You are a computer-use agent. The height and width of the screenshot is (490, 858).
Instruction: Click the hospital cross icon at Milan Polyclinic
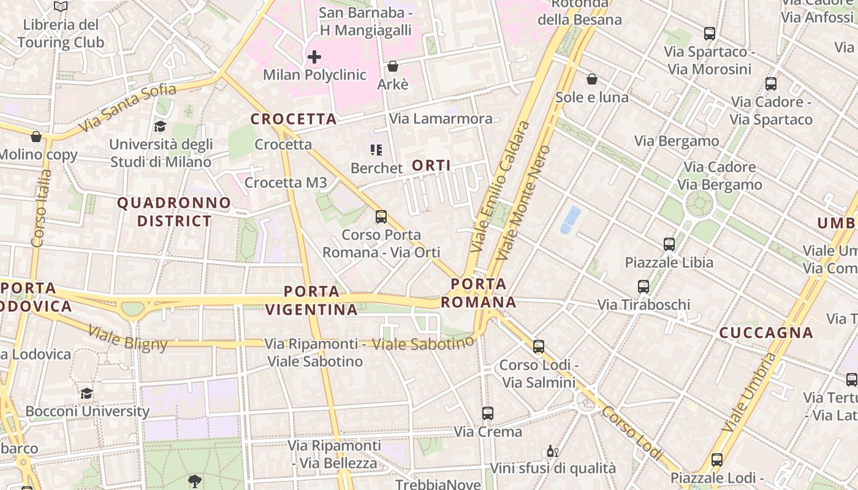pos(314,58)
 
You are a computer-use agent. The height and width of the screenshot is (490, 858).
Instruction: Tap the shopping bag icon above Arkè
pos(393,66)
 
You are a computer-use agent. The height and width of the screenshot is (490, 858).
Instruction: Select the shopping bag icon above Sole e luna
pos(592,79)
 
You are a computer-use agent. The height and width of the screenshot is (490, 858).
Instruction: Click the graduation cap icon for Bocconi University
pos(87,393)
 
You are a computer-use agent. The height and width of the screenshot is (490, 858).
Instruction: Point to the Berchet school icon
pos(376,149)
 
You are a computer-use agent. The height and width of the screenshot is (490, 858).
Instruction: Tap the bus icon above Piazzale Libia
pos(669,244)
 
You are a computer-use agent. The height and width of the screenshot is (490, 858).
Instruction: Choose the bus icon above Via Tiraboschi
pos(643,287)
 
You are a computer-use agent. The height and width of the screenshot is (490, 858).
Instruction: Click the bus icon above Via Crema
pos(488,413)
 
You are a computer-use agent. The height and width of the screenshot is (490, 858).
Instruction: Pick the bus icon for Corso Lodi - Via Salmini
pos(539,347)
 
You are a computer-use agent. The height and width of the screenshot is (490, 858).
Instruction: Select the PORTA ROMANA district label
pos(479,293)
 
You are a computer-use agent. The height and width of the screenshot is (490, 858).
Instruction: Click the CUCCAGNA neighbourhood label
pos(766,333)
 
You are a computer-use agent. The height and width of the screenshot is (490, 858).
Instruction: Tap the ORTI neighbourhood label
pos(431,165)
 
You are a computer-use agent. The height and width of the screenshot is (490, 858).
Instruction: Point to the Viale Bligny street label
pos(127,338)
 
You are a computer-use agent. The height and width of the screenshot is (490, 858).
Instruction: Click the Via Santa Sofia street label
pos(127,107)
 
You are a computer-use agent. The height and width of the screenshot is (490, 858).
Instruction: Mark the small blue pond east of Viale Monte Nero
pos(571,220)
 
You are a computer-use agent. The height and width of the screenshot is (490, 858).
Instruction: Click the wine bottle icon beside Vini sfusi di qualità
pos(552,452)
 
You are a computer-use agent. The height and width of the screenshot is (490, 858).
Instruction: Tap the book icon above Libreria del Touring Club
pos(60,7)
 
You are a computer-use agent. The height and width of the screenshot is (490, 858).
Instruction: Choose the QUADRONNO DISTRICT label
pos(175,211)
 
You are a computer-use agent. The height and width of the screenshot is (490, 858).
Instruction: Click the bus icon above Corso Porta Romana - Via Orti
pos(381,217)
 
